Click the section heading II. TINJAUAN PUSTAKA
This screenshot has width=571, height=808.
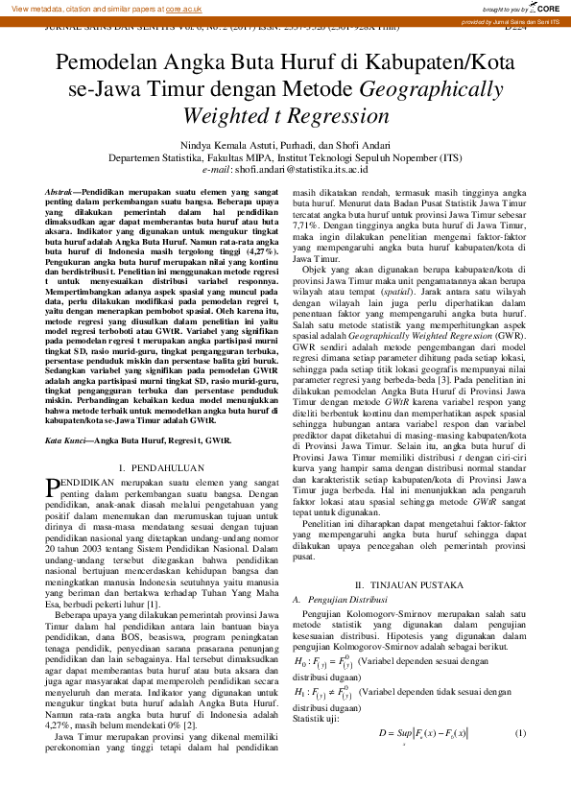(410, 585)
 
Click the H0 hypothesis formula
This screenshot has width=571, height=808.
(318, 662)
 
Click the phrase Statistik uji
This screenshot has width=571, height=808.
(315, 718)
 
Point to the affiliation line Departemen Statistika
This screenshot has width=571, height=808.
(285, 156)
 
